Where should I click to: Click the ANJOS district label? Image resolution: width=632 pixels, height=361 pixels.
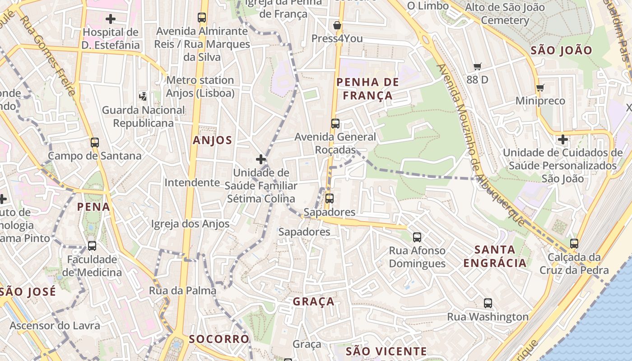212,140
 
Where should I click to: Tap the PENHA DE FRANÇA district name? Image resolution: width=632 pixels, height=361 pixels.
368,88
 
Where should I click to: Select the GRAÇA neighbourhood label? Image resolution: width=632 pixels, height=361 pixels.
314,301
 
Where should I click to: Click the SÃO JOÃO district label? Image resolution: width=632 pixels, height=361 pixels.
561,51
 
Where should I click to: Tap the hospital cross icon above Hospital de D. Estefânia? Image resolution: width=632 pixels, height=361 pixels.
111,19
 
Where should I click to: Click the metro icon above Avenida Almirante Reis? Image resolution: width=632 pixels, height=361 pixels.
202,18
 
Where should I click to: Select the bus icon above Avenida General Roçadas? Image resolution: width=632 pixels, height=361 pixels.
335,124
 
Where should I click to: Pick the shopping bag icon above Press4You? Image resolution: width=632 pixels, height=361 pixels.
337,25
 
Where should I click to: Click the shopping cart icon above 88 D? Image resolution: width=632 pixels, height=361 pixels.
478,67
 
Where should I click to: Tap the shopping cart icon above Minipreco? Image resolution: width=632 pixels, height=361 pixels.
540,88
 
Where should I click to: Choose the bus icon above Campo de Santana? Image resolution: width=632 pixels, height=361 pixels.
94,143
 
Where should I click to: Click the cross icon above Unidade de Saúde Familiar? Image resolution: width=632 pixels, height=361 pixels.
261,159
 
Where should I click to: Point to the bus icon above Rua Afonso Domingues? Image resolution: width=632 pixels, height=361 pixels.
417,237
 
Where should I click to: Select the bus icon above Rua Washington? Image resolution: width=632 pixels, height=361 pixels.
488,303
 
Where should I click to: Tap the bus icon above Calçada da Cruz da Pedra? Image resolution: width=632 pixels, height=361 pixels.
574,244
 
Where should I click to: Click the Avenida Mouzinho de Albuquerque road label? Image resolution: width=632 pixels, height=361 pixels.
481,144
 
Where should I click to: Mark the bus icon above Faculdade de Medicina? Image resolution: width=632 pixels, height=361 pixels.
92,246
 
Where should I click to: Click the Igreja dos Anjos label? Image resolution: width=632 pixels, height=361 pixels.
190,224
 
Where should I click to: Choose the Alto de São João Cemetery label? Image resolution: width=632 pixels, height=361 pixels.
505,14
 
